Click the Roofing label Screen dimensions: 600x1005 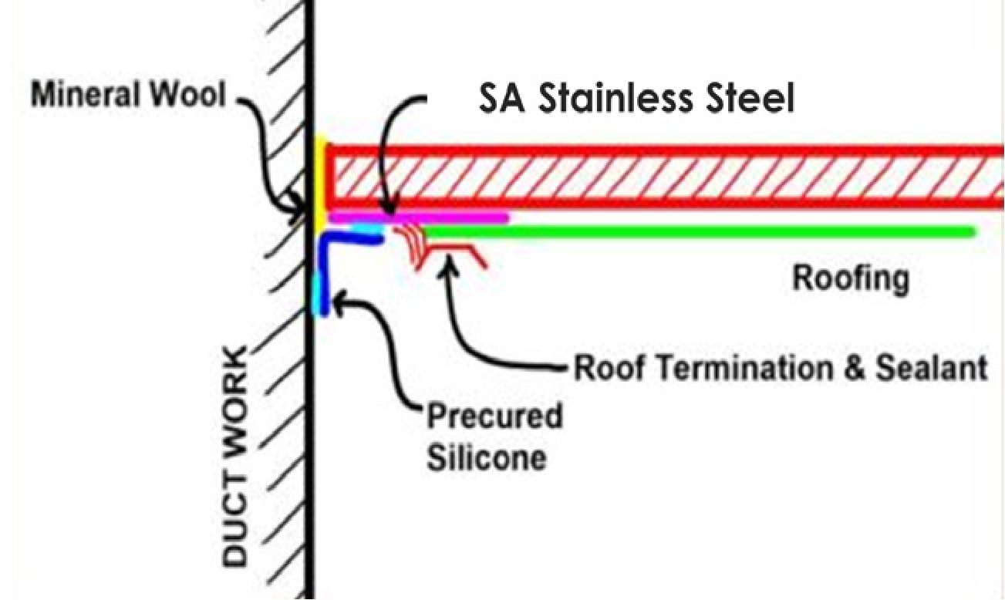pos(851,278)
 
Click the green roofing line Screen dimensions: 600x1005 pos(694,231)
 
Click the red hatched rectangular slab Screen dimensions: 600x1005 pos(663,177)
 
